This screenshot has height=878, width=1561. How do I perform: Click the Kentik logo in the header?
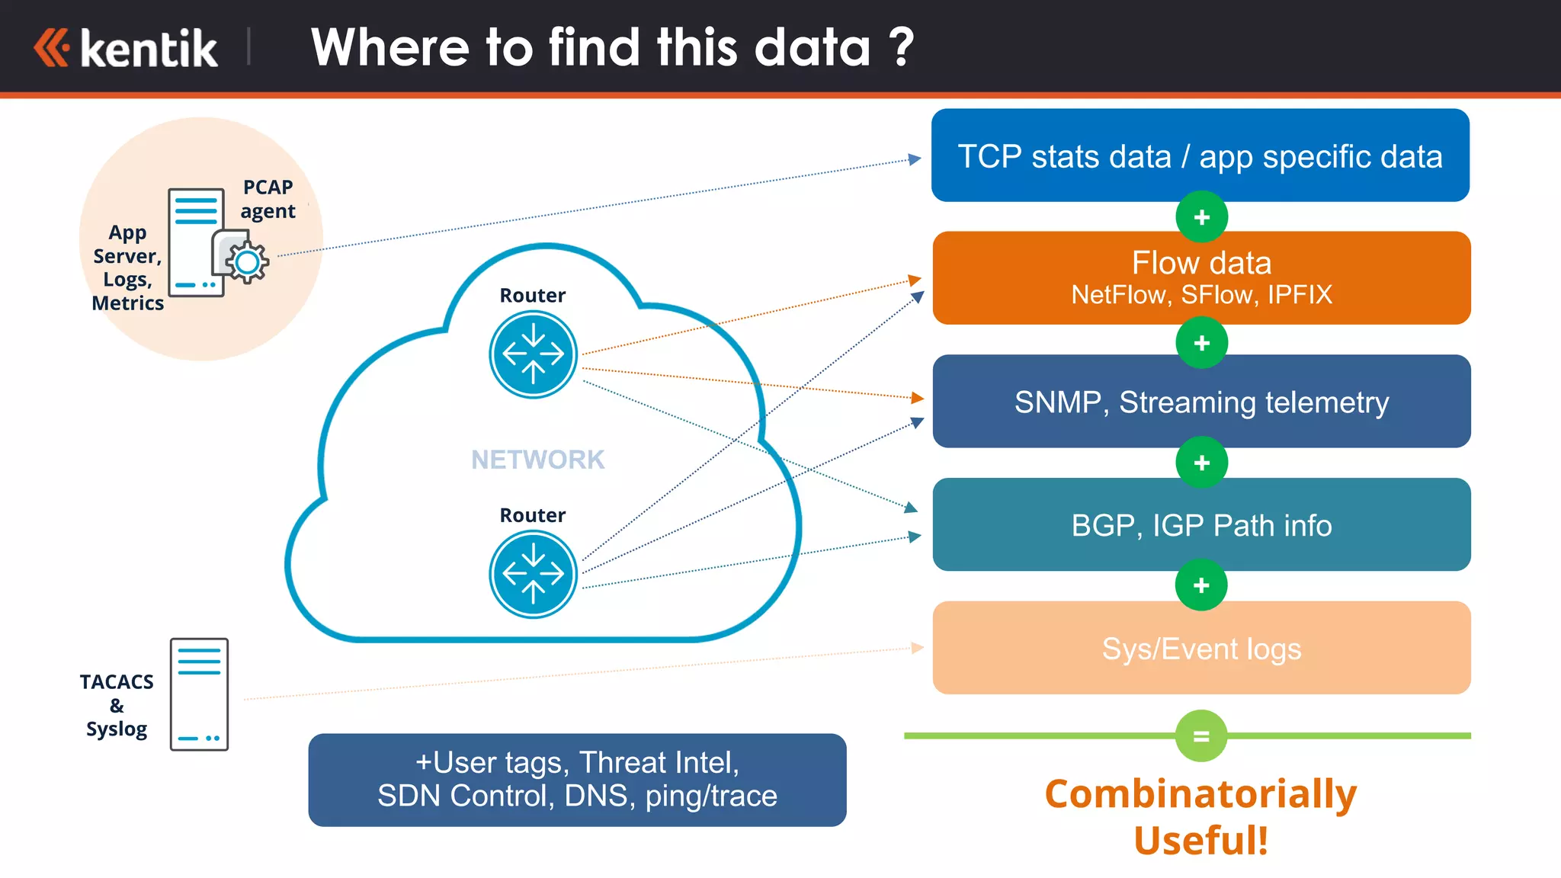[x=127, y=49]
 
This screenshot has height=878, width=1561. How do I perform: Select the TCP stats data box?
[x=1200, y=155]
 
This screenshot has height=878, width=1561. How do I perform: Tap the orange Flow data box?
[x=1201, y=278]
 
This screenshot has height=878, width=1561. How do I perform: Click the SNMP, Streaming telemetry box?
[x=1201, y=402]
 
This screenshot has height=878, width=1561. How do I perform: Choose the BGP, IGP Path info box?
[x=1201, y=525]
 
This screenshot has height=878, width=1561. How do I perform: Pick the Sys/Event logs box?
[x=1201, y=648]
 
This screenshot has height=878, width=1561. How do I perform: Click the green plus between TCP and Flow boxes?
[x=1201, y=217]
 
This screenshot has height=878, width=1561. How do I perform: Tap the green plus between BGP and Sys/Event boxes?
[x=1201, y=585]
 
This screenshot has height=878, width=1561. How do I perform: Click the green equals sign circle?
[x=1201, y=736]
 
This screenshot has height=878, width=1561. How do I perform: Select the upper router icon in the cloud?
[x=533, y=354]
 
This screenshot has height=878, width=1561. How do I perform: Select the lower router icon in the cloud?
[x=533, y=574]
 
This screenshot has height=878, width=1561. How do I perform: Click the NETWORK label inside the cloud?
[x=537, y=460]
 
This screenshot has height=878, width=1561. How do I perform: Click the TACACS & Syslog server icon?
[x=199, y=694]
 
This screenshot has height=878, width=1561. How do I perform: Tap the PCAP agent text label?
[x=268, y=199]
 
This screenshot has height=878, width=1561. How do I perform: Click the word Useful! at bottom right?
[x=1200, y=840]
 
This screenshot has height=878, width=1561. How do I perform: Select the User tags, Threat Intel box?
[x=577, y=780]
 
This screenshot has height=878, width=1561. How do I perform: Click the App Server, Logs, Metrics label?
[x=127, y=268]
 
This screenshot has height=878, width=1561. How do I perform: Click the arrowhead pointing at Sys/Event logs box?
[x=918, y=648]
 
